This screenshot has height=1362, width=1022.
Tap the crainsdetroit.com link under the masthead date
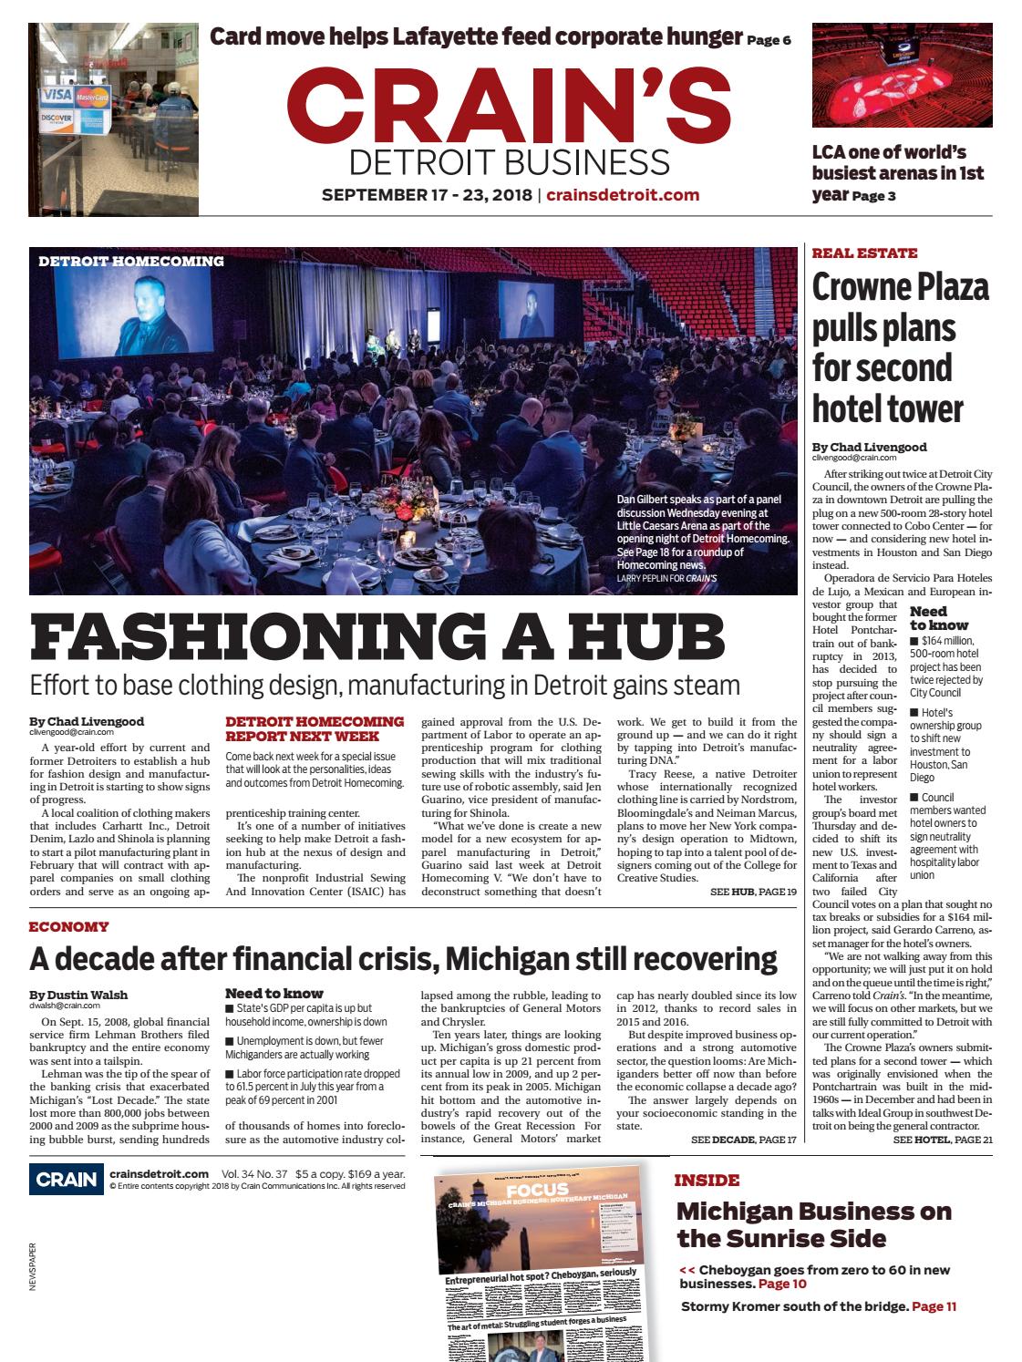coord(623,194)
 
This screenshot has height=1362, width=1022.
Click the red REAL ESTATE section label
coord(864,253)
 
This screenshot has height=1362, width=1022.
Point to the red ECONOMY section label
coord(68,926)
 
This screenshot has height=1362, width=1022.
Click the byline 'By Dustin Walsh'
coord(77,994)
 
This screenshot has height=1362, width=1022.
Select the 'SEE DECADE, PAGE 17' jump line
coord(743,1140)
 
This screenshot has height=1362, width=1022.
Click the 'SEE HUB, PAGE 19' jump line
coord(753,891)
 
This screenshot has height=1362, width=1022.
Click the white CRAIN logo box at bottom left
coord(65,1180)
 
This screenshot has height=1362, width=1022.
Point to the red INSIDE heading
coord(707,1180)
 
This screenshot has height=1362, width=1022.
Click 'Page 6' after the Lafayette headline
coord(769,40)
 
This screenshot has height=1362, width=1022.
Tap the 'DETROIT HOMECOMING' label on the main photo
coord(131,261)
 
